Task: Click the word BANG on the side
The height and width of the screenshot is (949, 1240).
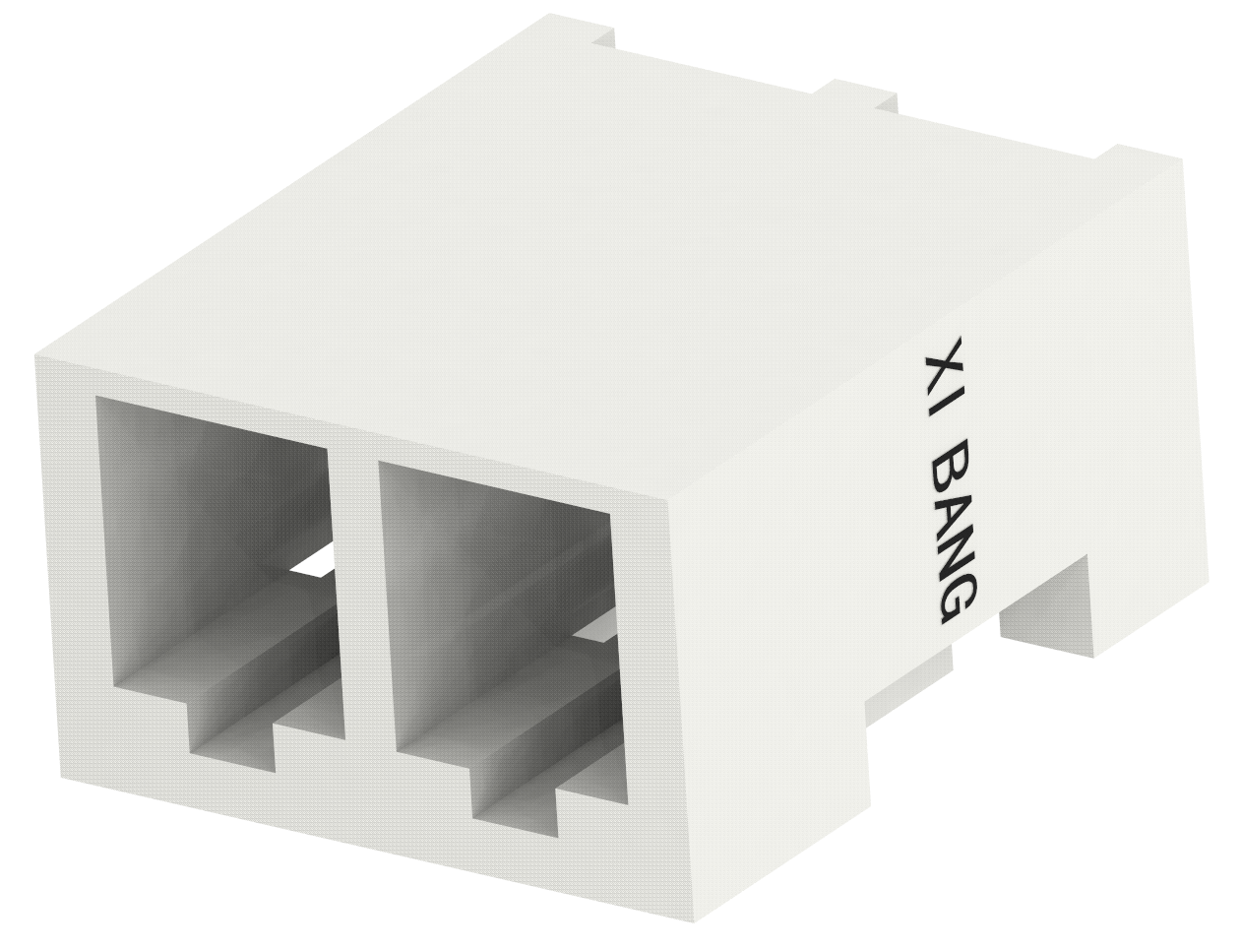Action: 952,532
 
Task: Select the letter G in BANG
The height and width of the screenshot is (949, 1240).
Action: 955,599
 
